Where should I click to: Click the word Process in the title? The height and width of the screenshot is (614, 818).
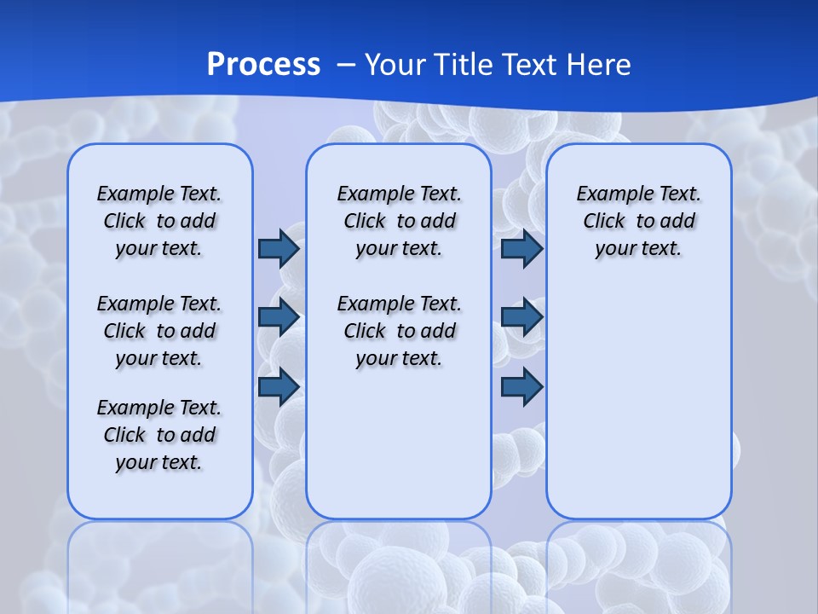coord(263,65)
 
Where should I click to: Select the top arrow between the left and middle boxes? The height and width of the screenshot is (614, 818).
coord(279,248)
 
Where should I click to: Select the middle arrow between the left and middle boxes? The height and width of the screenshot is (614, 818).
coord(279,317)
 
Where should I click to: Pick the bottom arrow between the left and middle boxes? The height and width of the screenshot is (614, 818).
coord(279,386)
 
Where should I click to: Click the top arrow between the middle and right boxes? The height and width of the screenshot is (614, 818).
coord(521,248)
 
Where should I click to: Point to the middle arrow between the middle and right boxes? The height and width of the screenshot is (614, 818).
coord(521,317)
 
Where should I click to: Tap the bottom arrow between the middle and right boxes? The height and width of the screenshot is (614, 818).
coord(521,386)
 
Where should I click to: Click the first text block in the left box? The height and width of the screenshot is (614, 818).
coord(159,221)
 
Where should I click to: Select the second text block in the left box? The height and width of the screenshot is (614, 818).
coord(159,331)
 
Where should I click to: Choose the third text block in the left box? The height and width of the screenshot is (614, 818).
coord(159,435)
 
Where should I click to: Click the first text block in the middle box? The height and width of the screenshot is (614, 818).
coord(399,221)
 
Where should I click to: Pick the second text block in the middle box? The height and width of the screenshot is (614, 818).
coord(399,331)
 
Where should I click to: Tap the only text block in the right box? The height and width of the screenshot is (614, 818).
coord(638,221)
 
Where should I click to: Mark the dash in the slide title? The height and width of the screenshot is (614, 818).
coord(346,65)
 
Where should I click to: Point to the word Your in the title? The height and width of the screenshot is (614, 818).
coord(396,65)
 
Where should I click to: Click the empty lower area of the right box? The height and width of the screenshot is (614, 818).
coord(638,409)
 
